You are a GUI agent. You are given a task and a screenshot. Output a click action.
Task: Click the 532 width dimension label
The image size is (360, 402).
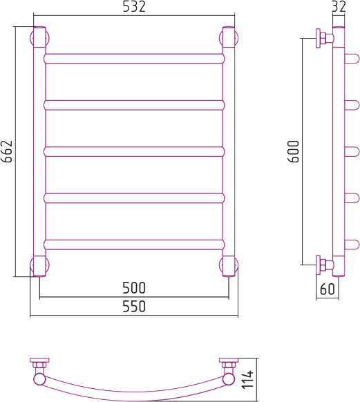(x=134, y=7)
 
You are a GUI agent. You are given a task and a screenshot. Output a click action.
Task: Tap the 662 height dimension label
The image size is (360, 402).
(x=7, y=151)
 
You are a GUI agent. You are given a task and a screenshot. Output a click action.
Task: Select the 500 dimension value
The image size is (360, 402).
(x=134, y=287)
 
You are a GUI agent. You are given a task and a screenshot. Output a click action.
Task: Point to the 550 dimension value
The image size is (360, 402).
(x=134, y=306)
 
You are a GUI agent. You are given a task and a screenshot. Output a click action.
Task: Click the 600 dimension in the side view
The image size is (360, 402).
(x=294, y=151)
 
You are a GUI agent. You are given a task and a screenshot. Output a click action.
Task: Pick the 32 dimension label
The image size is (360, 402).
(x=339, y=7)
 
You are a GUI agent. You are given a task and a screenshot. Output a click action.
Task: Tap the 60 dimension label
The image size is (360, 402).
(x=328, y=289)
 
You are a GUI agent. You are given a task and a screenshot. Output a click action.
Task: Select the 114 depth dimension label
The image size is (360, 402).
(x=247, y=379)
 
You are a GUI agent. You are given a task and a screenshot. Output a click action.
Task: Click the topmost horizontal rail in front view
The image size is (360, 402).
(x=134, y=59)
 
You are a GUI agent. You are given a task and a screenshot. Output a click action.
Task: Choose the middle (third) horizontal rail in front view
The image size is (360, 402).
(x=134, y=152)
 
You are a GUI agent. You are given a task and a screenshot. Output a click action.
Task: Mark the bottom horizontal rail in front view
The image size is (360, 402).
(x=134, y=245)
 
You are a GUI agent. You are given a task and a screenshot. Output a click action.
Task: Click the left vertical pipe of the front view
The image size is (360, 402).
(x=39, y=151)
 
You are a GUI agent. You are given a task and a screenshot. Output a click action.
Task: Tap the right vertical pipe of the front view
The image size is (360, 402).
(x=229, y=151)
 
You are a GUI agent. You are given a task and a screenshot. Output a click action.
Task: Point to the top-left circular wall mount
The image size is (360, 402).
(x=40, y=38)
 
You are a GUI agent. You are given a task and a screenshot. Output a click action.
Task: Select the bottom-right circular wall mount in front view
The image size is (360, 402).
(x=229, y=265)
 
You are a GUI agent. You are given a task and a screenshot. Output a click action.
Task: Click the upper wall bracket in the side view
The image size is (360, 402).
(x=324, y=38)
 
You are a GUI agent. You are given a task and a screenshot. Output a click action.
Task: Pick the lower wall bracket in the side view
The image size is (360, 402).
(x=324, y=265)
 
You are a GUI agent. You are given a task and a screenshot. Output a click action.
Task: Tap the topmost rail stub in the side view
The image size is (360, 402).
(x=352, y=59)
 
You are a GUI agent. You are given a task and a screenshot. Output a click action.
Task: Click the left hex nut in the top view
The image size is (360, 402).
(x=39, y=365)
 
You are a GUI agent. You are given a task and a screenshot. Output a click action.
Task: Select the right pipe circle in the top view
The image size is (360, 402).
(x=229, y=379)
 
